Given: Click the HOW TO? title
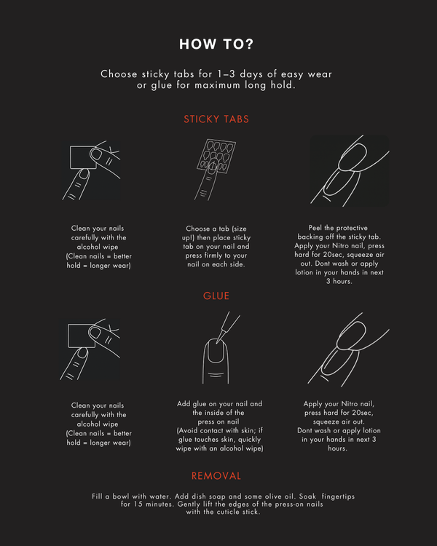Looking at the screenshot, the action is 216,44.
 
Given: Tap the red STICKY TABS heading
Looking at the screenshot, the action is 216,119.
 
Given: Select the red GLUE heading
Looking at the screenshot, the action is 216,296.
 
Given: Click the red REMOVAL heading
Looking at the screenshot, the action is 216,476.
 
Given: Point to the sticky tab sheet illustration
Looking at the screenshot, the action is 216,156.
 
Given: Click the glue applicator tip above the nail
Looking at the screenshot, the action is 219,341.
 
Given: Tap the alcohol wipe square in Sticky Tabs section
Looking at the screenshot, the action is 83,157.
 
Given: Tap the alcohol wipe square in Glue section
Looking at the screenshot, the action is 81,336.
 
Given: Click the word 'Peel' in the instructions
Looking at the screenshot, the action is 315,228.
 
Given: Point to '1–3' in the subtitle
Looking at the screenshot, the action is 227,74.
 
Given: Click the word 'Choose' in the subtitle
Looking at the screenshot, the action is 119,74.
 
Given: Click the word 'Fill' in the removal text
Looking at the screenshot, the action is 97,496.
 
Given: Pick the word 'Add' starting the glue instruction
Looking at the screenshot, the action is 184,403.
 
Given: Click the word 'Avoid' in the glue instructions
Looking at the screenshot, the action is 189,430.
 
